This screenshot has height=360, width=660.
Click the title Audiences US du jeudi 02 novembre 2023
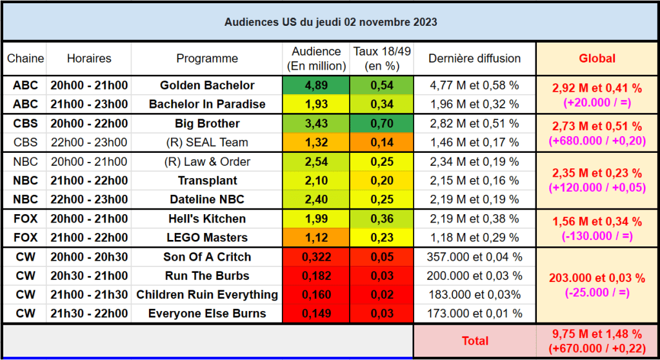330,22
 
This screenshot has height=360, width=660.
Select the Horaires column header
89,59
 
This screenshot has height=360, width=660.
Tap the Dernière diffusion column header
475,59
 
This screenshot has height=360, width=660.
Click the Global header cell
597,59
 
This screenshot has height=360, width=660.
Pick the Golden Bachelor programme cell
207,85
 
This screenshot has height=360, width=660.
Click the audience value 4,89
316,85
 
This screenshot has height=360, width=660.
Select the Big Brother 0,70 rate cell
382,123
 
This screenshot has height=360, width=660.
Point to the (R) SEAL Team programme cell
207,143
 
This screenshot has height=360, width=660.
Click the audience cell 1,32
316,143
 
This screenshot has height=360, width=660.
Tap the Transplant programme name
207,181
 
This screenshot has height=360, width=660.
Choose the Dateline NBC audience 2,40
316,199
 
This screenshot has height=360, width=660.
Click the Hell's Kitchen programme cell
207,219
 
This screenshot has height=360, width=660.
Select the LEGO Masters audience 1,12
316,237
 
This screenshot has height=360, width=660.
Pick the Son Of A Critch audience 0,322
316,257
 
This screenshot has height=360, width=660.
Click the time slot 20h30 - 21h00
89,275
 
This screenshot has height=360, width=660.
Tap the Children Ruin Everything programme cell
207,295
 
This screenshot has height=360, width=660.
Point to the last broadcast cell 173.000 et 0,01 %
475,314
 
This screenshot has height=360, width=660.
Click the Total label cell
475,341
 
